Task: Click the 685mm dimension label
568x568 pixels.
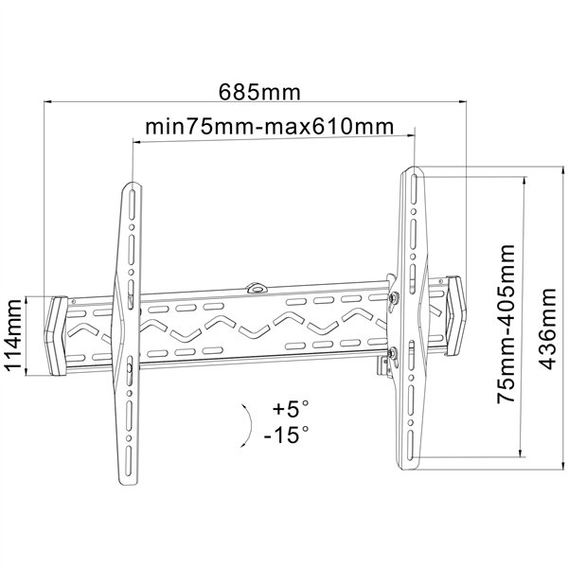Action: (259, 93)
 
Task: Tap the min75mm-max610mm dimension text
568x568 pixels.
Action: (269, 127)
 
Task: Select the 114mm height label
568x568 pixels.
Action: (13, 334)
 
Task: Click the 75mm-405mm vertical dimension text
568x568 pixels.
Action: (506, 324)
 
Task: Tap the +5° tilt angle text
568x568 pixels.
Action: (291, 408)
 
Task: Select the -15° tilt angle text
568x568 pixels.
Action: (287, 435)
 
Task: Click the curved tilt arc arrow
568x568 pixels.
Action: (250, 425)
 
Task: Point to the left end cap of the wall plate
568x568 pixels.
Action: (56, 335)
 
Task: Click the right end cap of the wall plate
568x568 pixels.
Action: (456, 315)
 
